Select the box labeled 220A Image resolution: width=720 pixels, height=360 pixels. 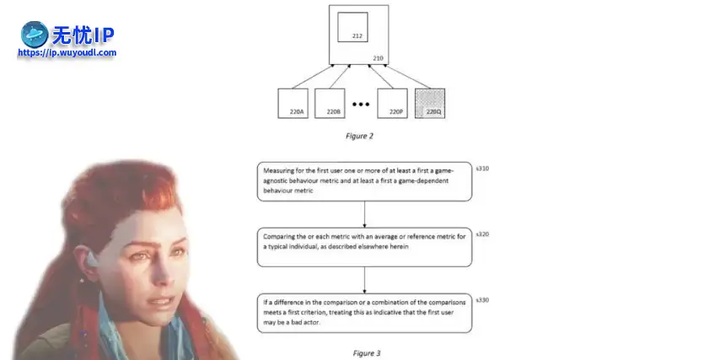[x=293, y=104]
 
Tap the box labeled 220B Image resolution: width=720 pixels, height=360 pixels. [x=330, y=104]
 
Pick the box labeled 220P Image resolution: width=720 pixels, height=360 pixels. [x=393, y=104]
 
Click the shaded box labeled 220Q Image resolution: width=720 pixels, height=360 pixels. [x=430, y=104]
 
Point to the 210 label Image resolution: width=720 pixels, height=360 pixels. [x=378, y=58]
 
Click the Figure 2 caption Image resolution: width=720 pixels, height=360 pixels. [x=359, y=135]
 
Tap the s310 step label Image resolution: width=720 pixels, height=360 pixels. [x=482, y=169]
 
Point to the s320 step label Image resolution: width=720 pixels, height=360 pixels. [x=482, y=234]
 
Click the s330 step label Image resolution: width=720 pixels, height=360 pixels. [x=482, y=300]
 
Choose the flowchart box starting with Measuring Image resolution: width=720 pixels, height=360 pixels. [x=364, y=180]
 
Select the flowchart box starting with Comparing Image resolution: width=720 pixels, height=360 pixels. [x=364, y=245]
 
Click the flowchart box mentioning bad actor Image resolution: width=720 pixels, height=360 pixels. [x=364, y=311]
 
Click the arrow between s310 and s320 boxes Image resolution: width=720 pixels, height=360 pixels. [x=364, y=213]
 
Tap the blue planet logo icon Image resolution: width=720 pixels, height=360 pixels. [x=35, y=35]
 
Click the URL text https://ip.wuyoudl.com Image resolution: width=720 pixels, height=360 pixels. [x=67, y=52]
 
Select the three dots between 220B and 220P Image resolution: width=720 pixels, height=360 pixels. [x=361, y=105]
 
